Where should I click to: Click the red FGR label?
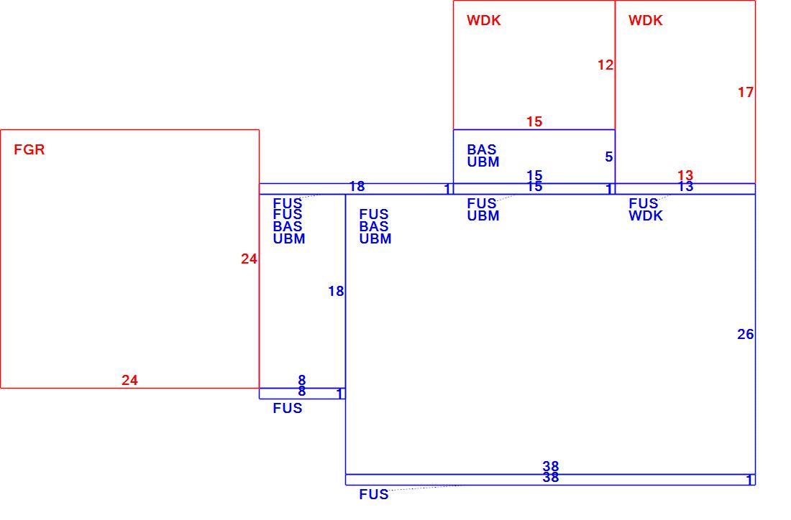(29, 149)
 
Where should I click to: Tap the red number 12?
(605, 65)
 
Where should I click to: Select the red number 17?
(746, 92)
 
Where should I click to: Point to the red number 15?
(534, 121)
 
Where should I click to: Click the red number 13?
(685, 175)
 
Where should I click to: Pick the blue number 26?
(746, 334)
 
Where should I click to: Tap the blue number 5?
(609, 157)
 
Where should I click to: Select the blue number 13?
(685, 187)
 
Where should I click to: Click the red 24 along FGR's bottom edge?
(129, 380)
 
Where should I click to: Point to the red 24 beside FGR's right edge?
(249, 259)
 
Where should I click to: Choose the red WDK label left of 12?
(484, 20)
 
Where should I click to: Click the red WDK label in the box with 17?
(646, 20)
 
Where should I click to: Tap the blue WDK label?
(646, 215)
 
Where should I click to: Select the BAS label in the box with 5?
(482, 149)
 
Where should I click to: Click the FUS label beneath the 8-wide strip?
(288, 408)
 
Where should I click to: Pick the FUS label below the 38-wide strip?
(374, 494)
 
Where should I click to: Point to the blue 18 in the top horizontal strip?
(357, 187)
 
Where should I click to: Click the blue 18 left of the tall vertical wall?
(336, 291)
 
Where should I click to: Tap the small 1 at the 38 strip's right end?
(750, 480)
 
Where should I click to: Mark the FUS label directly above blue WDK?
(643, 203)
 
